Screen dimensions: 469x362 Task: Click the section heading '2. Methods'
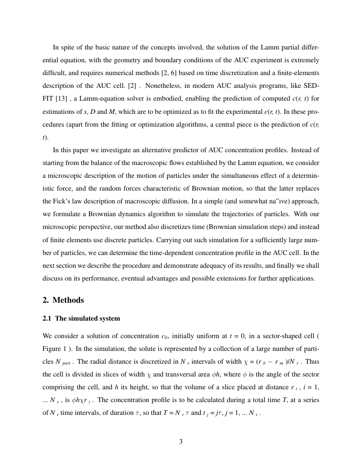click(63, 300)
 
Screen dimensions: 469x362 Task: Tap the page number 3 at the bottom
click(181, 442)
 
